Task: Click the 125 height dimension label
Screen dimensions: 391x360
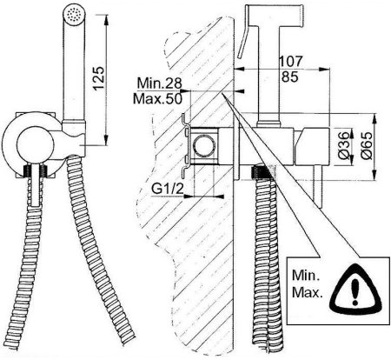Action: click(x=98, y=78)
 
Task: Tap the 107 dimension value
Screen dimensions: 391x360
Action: click(x=290, y=61)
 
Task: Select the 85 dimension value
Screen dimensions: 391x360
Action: click(x=290, y=77)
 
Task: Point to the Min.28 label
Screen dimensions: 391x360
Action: click(x=159, y=83)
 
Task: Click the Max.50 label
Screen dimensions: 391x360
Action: click(x=157, y=99)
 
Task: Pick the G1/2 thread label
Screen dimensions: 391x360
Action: click(x=168, y=190)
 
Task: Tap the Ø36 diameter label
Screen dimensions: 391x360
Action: click(x=343, y=145)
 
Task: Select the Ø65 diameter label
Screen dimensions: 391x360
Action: click(x=366, y=145)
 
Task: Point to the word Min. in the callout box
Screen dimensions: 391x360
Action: click(x=306, y=275)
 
